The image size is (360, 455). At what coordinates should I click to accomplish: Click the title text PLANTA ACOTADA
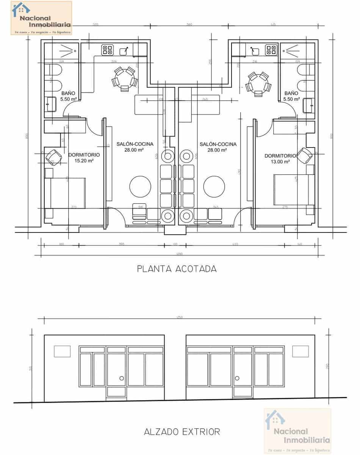(x=177, y=269)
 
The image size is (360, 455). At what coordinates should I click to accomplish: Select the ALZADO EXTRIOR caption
(x=182, y=431)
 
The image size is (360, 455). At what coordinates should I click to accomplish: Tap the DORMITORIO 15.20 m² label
(x=84, y=158)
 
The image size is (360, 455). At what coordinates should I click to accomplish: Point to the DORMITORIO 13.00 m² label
(x=281, y=158)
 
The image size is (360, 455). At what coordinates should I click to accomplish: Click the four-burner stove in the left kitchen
(x=107, y=50)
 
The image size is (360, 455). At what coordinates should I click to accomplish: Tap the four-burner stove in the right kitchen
(x=271, y=50)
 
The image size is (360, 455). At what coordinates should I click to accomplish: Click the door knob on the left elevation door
(x=122, y=378)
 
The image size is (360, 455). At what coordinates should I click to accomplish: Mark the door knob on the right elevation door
(x=238, y=378)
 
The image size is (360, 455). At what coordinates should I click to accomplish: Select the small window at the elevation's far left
(x=62, y=351)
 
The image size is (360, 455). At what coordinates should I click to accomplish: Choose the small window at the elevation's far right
(x=301, y=351)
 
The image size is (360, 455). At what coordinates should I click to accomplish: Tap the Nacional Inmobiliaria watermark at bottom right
(x=297, y=430)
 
